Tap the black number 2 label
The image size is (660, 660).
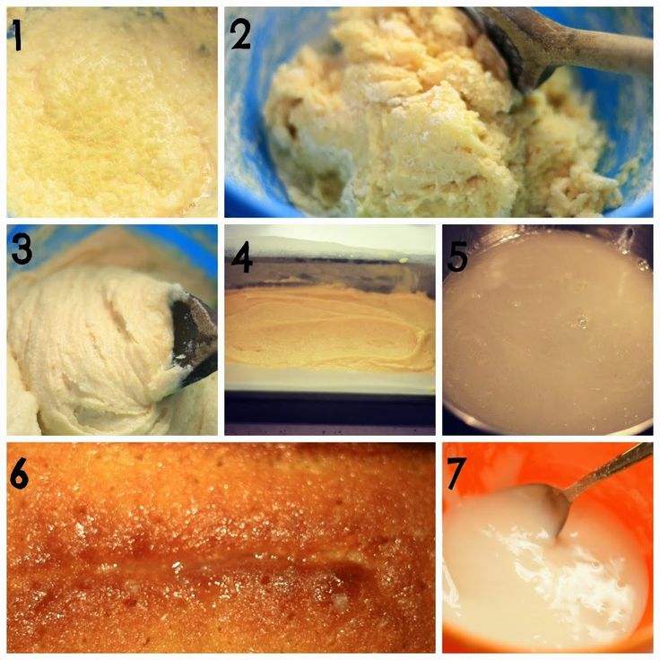pyautogui.click(x=240, y=34)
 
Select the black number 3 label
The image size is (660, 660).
pyautogui.click(x=22, y=249)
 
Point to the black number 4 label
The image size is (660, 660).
pyautogui.click(x=241, y=256)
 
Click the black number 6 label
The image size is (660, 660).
pyautogui.click(x=19, y=473)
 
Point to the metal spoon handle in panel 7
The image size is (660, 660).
pyautogui.click(x=606, y=469)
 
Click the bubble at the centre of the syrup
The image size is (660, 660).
pyautogui.click(x=583, y=321)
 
